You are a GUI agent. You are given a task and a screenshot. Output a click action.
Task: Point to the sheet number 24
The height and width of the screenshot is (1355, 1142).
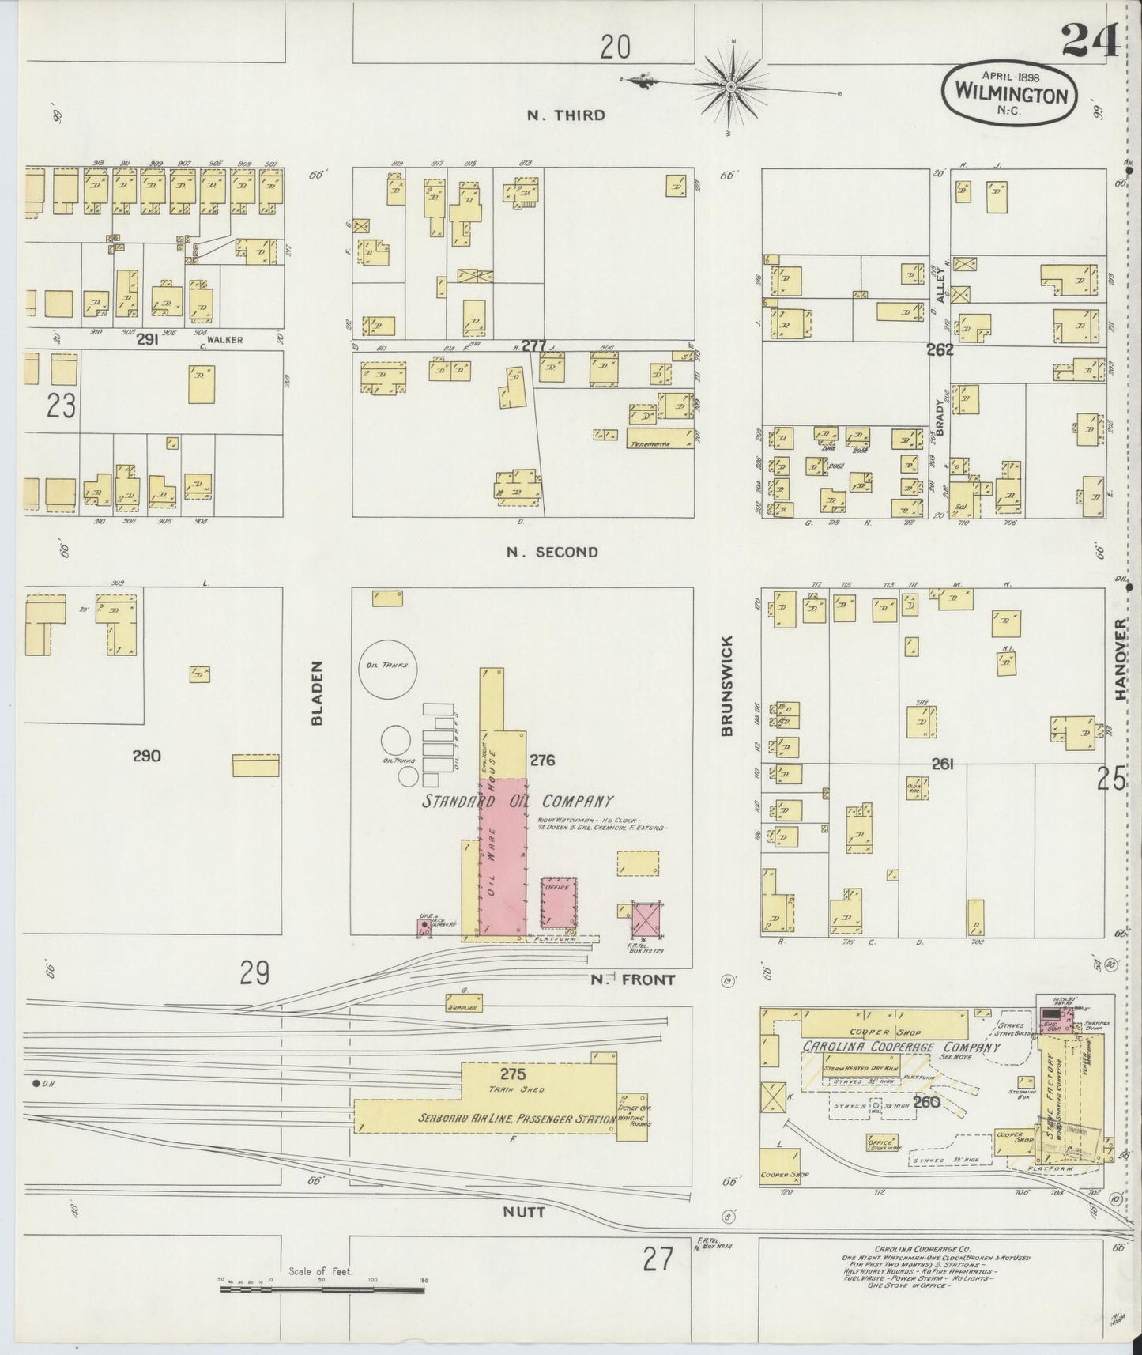pyautogui.click(x=1089, y=40)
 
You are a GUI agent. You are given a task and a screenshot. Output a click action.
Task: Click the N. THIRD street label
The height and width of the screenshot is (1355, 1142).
pyautogui.click(x=566, y=115)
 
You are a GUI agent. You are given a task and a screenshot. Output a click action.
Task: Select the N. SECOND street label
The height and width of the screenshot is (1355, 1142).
pyautogui.click(x=552, y=552)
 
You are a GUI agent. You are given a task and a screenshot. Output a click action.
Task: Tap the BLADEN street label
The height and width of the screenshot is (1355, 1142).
pyautogui.click(x=318, y=693)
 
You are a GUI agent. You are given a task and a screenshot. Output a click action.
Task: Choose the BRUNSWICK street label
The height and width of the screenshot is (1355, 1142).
pyautogui.click(x=727, y=685)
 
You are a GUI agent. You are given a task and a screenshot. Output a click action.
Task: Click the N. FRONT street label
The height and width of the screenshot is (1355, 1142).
pyautogui.click(x=633, y=979)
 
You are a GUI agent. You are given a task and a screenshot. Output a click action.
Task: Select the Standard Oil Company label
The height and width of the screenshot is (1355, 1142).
pyautogui.click(x=518, y=801)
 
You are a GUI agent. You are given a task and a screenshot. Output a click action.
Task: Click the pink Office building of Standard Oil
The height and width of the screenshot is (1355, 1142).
pyautogui.click(x=559, y=902)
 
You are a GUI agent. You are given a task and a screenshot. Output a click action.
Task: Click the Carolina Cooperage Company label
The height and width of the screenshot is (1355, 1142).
pyautogui.click(x=901, y=1047)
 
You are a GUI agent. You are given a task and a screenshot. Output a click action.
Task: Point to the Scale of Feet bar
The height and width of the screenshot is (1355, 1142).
pyautogui.click(x=322, y=1289)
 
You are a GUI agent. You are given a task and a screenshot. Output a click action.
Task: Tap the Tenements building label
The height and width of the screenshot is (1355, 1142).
pyautogui.click(x=650, y=444)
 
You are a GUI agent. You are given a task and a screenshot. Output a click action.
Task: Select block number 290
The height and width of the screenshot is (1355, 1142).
pyautogui.click(x=146, y=756)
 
